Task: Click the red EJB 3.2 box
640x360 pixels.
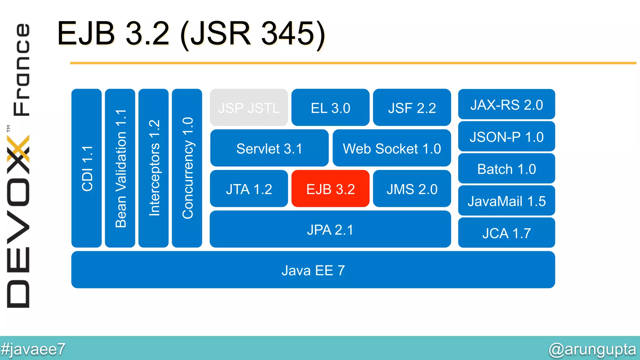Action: [330, 189]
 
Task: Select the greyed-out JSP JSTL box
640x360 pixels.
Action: [249, 108]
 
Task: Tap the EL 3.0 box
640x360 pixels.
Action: [330, 108]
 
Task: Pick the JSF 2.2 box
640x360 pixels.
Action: [412, 108]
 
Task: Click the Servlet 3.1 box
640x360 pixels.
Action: [269, 148]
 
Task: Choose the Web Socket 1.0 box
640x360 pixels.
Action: [392, 148]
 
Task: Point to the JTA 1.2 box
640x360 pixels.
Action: [249, 189]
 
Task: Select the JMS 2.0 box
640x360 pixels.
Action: [412, 189]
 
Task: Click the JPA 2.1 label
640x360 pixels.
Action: [330, 230]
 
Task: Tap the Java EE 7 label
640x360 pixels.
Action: [313, 270]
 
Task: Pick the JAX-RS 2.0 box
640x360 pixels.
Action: [506, 105]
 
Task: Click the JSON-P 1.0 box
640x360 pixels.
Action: [506, 137]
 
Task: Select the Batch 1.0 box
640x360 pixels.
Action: [506, 169]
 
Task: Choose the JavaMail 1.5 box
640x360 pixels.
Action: [506, 201]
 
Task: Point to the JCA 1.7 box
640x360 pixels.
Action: [506, 233]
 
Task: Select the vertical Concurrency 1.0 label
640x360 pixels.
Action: [187, 168]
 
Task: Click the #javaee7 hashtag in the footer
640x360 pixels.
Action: [33, 349]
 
